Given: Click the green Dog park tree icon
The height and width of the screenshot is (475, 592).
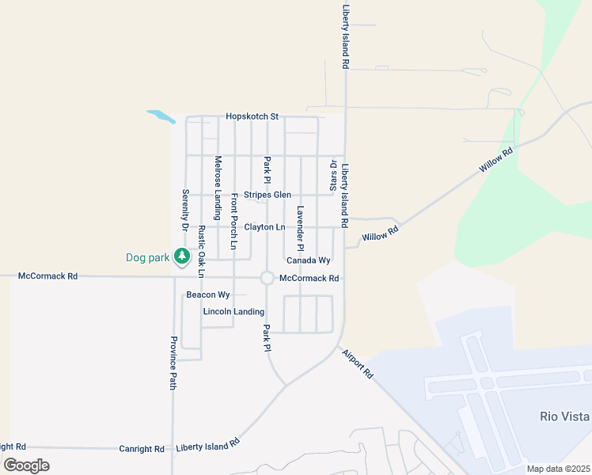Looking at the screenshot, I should (183, 256).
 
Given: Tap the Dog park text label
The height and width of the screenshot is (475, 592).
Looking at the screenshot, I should (148, 257).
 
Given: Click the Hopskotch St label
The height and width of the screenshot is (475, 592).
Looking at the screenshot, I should (252, 116).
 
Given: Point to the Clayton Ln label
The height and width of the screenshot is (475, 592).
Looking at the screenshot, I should (264, 227).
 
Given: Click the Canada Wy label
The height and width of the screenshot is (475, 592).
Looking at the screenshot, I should (308, 260).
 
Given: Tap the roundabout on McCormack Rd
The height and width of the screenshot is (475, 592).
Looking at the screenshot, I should (267, 278).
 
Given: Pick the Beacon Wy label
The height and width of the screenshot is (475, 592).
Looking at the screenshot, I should (207, 294).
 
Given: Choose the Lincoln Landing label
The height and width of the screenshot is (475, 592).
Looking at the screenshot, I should (233, 312).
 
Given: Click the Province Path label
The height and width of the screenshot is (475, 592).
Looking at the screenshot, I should (173, 363).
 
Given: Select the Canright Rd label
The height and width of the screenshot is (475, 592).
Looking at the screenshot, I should (142, 449).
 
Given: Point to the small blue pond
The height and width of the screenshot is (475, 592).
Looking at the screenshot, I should (161, 116).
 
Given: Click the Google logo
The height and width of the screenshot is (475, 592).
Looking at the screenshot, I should (26, 465).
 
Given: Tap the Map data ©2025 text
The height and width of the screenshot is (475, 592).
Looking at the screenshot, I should (558, 469).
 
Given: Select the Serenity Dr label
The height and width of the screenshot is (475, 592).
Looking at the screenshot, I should (184, 210).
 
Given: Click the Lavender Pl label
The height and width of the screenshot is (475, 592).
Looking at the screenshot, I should (301, 224).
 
